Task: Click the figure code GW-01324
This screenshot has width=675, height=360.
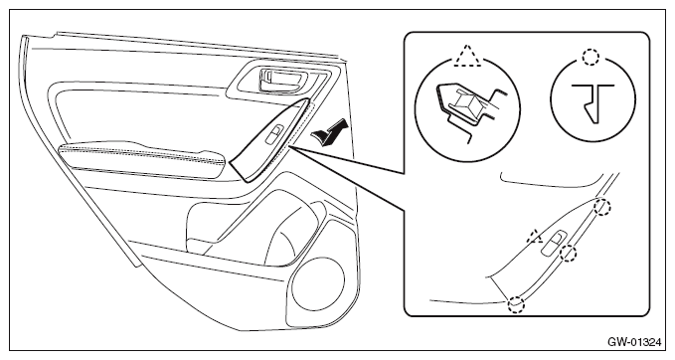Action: point(633,342)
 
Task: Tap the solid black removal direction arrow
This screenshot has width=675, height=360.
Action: point(329,132)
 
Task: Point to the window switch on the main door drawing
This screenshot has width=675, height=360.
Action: point(274,134)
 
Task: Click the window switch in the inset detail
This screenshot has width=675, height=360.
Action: point(554,244)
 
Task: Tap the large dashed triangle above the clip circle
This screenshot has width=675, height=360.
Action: point(467,57)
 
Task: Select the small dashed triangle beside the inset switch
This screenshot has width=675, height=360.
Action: point(535,236)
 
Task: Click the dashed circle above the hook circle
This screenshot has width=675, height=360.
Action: point(591,57)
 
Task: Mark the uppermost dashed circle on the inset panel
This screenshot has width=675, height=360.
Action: point(602,208)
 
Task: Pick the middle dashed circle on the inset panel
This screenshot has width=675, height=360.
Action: point(569,253)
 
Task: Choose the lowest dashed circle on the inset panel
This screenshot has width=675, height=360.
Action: point(516,304)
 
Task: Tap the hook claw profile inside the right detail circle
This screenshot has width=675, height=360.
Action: point(592,101)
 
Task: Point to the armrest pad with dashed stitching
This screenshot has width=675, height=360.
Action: point(142,159)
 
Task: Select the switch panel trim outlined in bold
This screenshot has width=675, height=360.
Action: point(270,140)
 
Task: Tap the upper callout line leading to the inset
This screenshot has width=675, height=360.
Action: point(347,160)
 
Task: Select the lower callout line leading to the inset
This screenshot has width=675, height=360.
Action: point(347,179)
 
